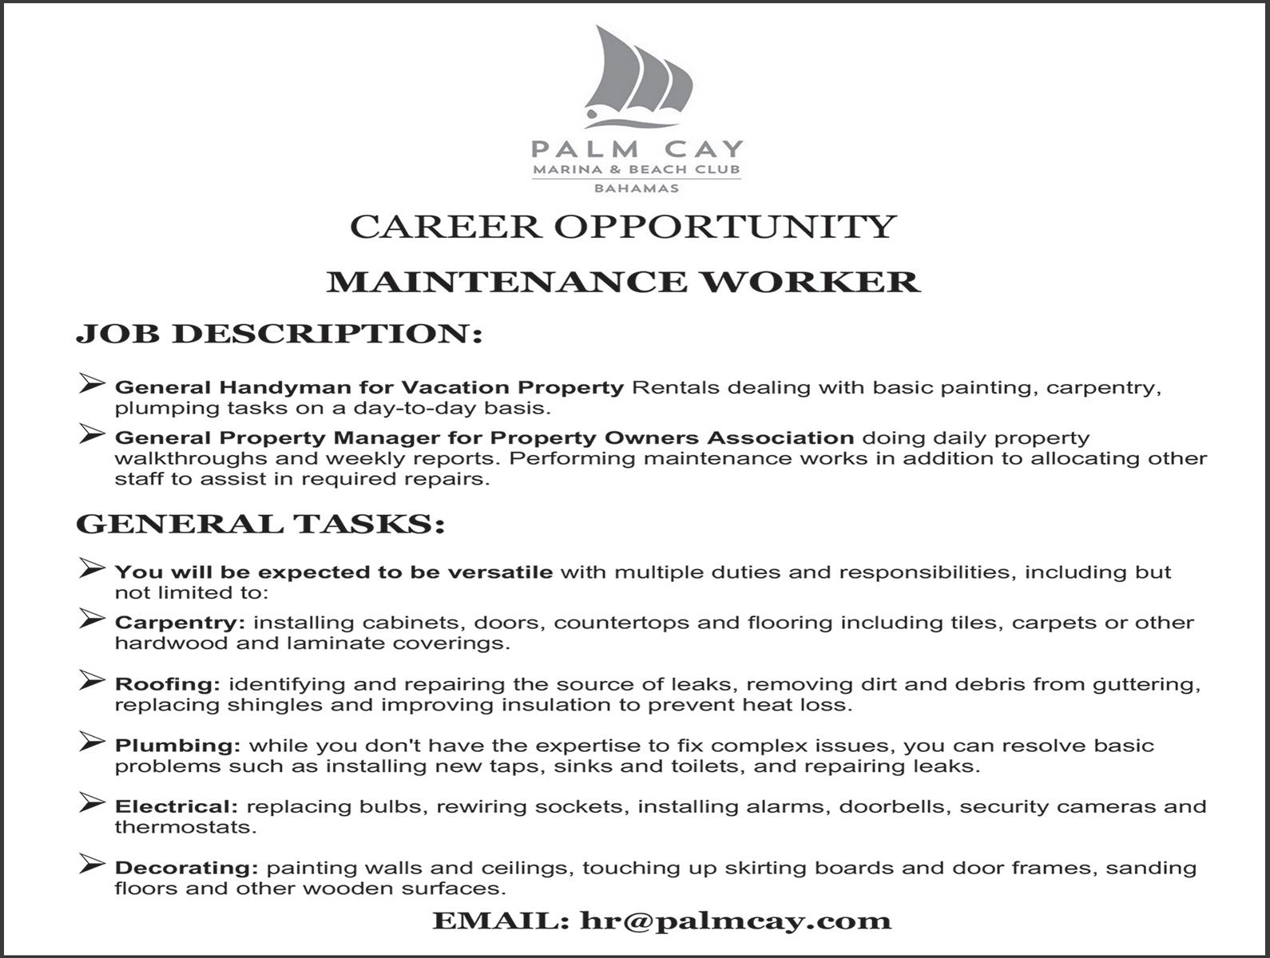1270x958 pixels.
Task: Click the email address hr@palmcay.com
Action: (x=736, y=920)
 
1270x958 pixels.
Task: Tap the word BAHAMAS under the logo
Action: (x=637, y=188)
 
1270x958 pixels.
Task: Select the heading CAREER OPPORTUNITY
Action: (x=624, y=227)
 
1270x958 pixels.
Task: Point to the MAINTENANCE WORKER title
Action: (x=624, y=282)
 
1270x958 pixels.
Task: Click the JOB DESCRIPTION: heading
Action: (x=280, y=334)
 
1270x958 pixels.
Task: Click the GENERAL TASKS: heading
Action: (x=260, y=525)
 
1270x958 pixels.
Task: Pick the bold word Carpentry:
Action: (x=180, y=623)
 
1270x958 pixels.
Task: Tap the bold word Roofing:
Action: (x=167, y=684)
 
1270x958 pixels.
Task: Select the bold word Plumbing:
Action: (x=177, y=746)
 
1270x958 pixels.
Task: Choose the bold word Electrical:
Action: (x=177, y=806)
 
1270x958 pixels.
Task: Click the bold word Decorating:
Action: (x=186, y=868)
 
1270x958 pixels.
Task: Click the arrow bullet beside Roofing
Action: (x=92, y=681)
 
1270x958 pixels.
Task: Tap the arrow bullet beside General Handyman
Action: (x=92, y=384)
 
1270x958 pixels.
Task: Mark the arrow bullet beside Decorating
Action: (x=92, y=864)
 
